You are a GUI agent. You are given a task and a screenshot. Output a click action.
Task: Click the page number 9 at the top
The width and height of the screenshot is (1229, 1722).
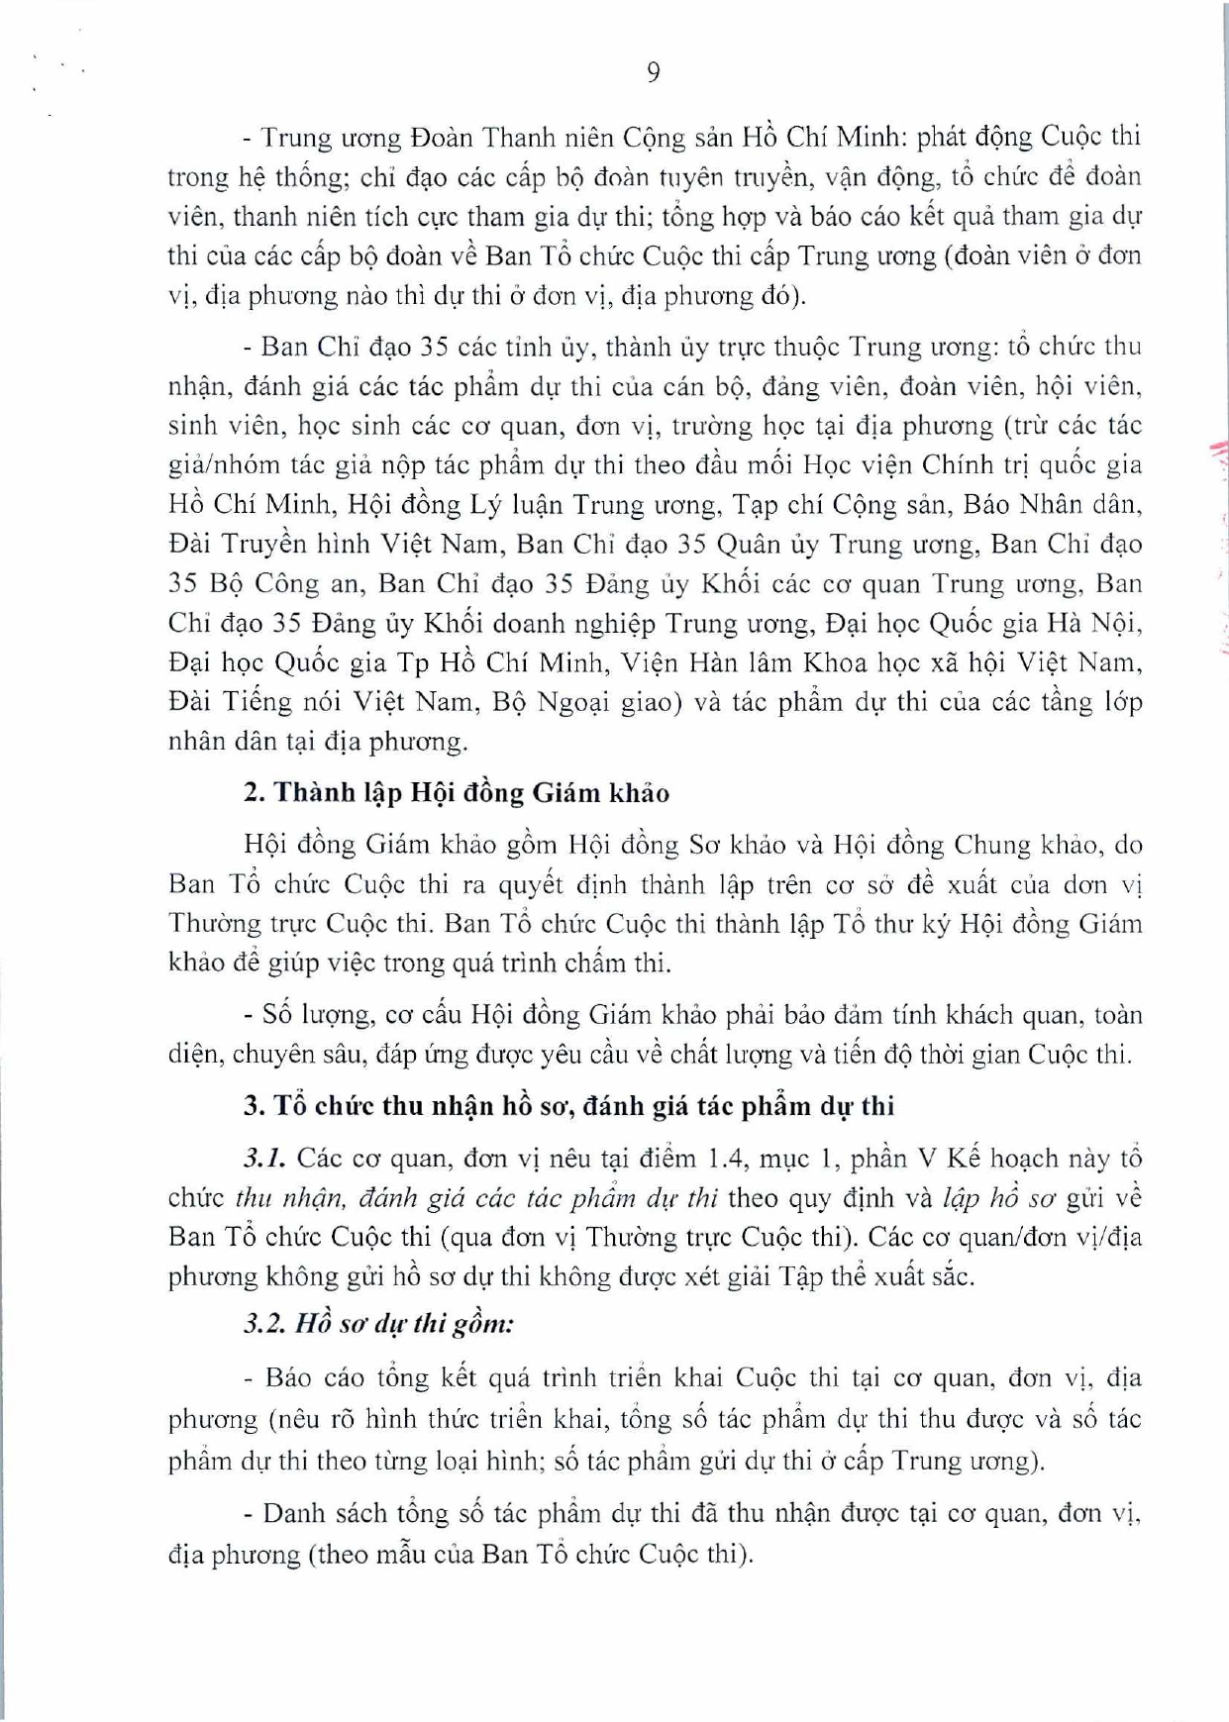click(x=654, y=72)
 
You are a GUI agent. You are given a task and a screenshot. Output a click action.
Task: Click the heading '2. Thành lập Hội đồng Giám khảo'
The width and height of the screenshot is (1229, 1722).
click(x=457, y=793)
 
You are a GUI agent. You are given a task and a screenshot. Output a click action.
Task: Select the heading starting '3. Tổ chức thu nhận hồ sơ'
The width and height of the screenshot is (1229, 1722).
click(x=568, y=1106)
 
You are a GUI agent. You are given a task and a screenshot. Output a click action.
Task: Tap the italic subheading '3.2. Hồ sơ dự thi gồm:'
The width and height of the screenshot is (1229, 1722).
click(x=379, y=1324)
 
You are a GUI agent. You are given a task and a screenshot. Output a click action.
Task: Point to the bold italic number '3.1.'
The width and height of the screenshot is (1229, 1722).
click(x=264, y=1158)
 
